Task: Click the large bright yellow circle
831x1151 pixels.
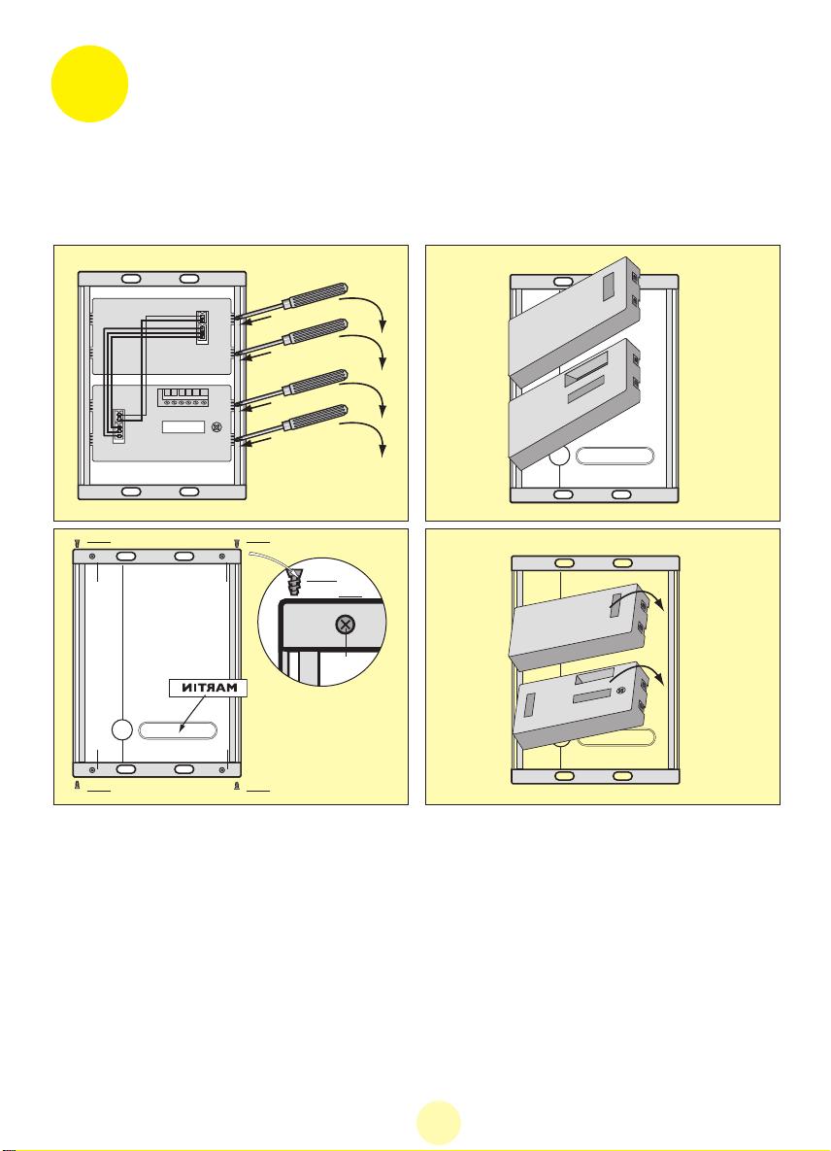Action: [x=89, y=84]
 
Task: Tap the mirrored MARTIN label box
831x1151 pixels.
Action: [x=209, y=688]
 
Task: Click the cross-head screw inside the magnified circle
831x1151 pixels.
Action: [x=345, y=625]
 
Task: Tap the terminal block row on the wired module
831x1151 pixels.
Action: [x=183, y=397]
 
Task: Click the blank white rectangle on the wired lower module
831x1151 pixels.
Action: [x=183, y=427]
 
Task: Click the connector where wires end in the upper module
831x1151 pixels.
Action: [x=203, y=325]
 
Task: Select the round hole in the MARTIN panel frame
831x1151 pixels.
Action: [x=121, y=728]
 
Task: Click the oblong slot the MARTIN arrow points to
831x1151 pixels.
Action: [x=178, y=730]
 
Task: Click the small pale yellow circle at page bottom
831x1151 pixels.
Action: [x=439, y=1123]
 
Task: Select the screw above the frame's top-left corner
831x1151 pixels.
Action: [x=77, y=542]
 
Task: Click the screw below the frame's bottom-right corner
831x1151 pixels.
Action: [x=236, y=786]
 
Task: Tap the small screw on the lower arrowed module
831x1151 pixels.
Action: [x=621, y=690]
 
